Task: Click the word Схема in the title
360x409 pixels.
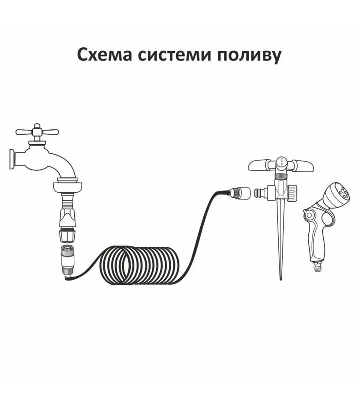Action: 105,55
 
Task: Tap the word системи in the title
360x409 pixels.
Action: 174,55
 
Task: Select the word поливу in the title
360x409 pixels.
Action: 249,56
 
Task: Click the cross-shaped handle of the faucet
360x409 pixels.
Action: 37,131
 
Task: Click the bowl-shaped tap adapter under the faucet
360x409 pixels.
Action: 68,187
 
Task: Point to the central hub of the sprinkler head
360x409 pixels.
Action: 281,163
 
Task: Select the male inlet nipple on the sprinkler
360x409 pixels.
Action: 261,193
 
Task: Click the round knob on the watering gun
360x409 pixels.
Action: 309,215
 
